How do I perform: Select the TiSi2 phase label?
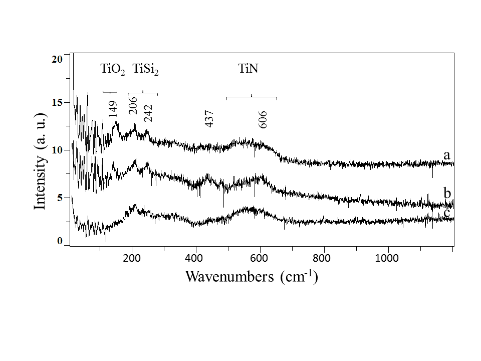tap(145, 69)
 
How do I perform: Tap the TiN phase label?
tap(249, 69)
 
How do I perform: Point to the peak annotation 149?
tap(113, 108)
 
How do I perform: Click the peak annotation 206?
tap(134, 105)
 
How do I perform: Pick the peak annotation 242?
tap(148, 113)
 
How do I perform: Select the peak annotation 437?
tap(210, 119)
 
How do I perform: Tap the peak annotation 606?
tap(264, 119)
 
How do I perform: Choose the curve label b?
tap(447, 193)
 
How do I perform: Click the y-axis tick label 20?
tap(57, 59)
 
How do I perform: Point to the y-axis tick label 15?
tap(57, 102)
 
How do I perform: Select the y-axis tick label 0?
tap(60, 242)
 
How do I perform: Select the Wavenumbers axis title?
tap(252, 276)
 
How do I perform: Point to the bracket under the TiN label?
tap(252, 97)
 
